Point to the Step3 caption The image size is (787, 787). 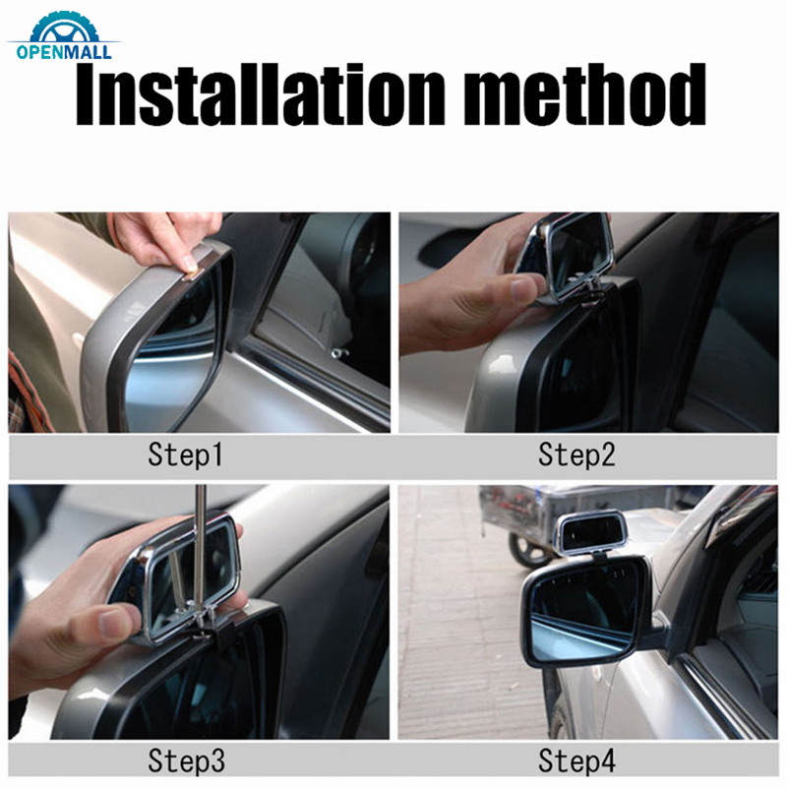[x=186, y=760]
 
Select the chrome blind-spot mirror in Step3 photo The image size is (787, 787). [x=177, y=571]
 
